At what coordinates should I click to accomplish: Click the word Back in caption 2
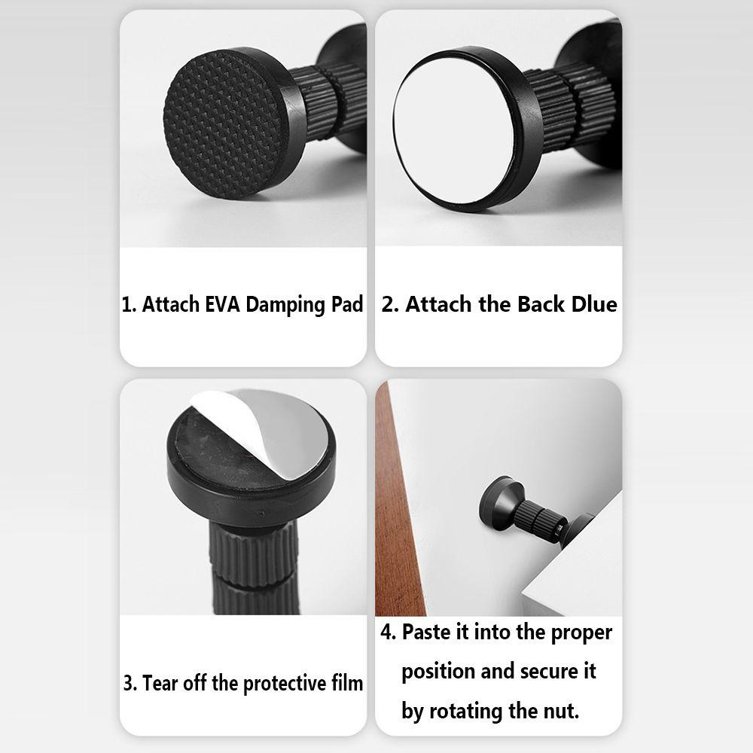click(540, 304)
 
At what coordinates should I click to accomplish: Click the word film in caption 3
click(346, 682)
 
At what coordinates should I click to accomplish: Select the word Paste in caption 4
click(428, 632)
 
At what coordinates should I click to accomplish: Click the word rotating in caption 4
click(466, 712)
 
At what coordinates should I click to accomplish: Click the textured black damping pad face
click(224, 124)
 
